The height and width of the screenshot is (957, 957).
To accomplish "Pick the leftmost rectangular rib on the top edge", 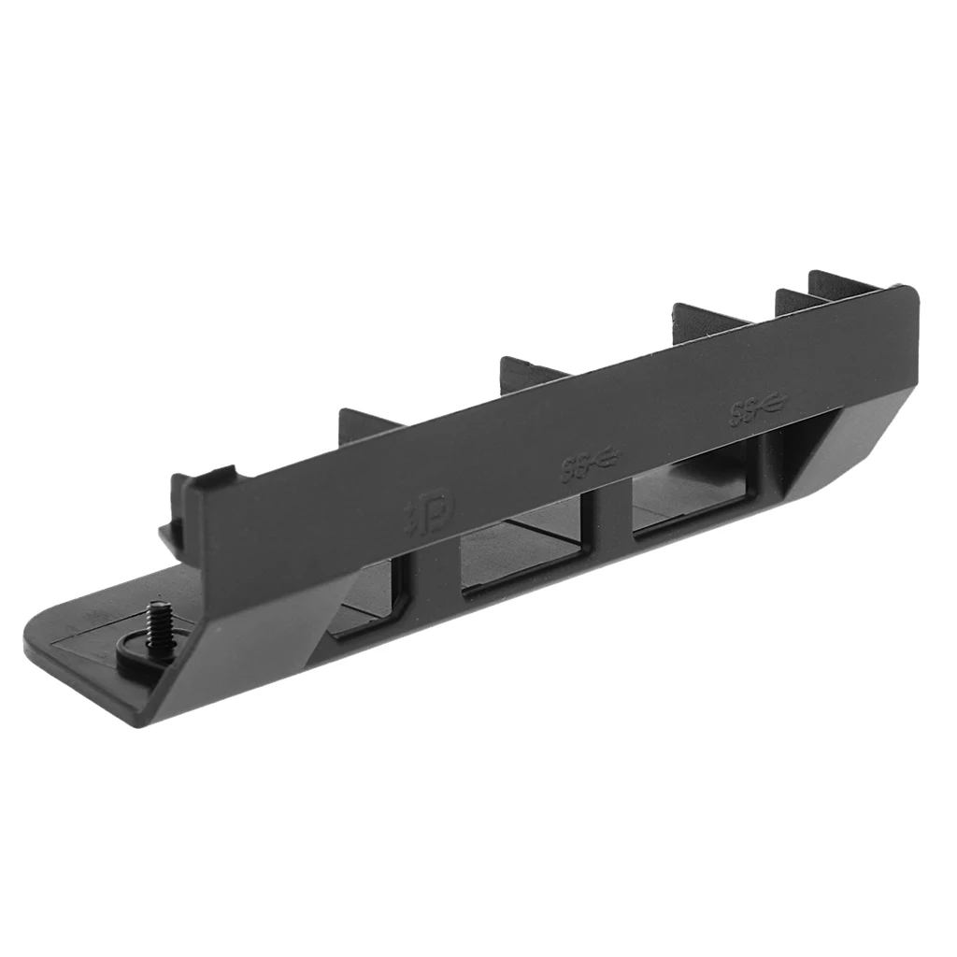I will pos(364,425).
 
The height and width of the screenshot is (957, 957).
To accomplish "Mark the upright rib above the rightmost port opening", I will pos(706,318).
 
